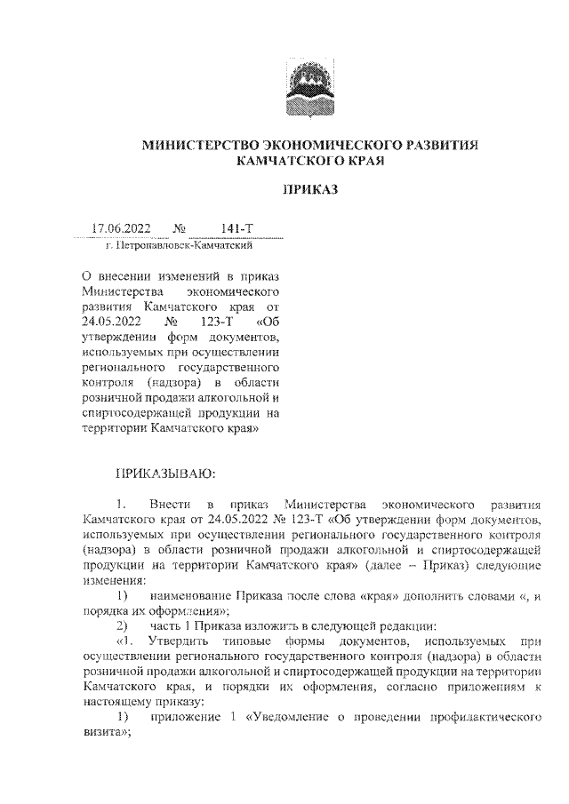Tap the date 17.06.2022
click(x=121, y=230)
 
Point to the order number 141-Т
click(x=237, y=230)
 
